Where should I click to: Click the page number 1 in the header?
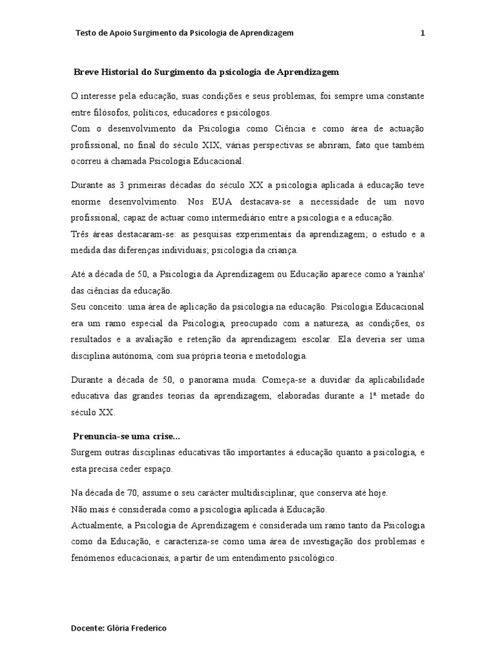pyautogui.click(x=422, y=33)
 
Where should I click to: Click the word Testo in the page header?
pyautogui.click(x=86, y=33)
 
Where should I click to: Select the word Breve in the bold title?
pyautogui.click(x=87, y=72)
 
